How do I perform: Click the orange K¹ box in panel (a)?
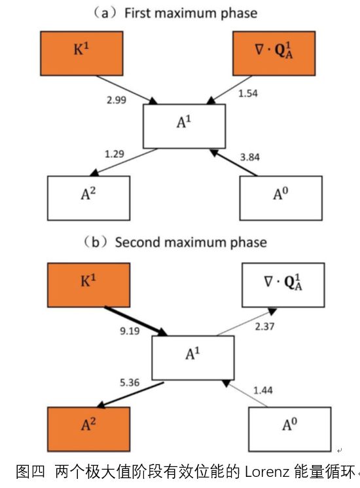click(81, 53)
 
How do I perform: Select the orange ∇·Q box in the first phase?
click(274, 53)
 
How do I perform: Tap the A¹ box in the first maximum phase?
click(184, 126)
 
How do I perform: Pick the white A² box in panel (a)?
click(88, 198)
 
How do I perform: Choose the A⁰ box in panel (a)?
click(281, 198)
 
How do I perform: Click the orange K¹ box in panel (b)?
click(88, 285)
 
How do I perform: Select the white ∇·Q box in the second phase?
click(283, 285)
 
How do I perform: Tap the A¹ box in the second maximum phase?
click(192, 358)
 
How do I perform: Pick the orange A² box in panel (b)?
click(88, 429)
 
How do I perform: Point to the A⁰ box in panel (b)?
click(289, 429)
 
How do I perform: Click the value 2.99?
click(117, 100)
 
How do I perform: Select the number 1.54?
click(248, 94)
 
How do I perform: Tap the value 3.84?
click(249, 157)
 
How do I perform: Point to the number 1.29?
click(115, 154)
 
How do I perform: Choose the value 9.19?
click(130, 331)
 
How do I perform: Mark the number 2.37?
click(264, 326)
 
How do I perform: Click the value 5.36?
click(130, 383)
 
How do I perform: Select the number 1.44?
click(263, 390)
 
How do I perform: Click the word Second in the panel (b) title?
click(137, 242)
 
